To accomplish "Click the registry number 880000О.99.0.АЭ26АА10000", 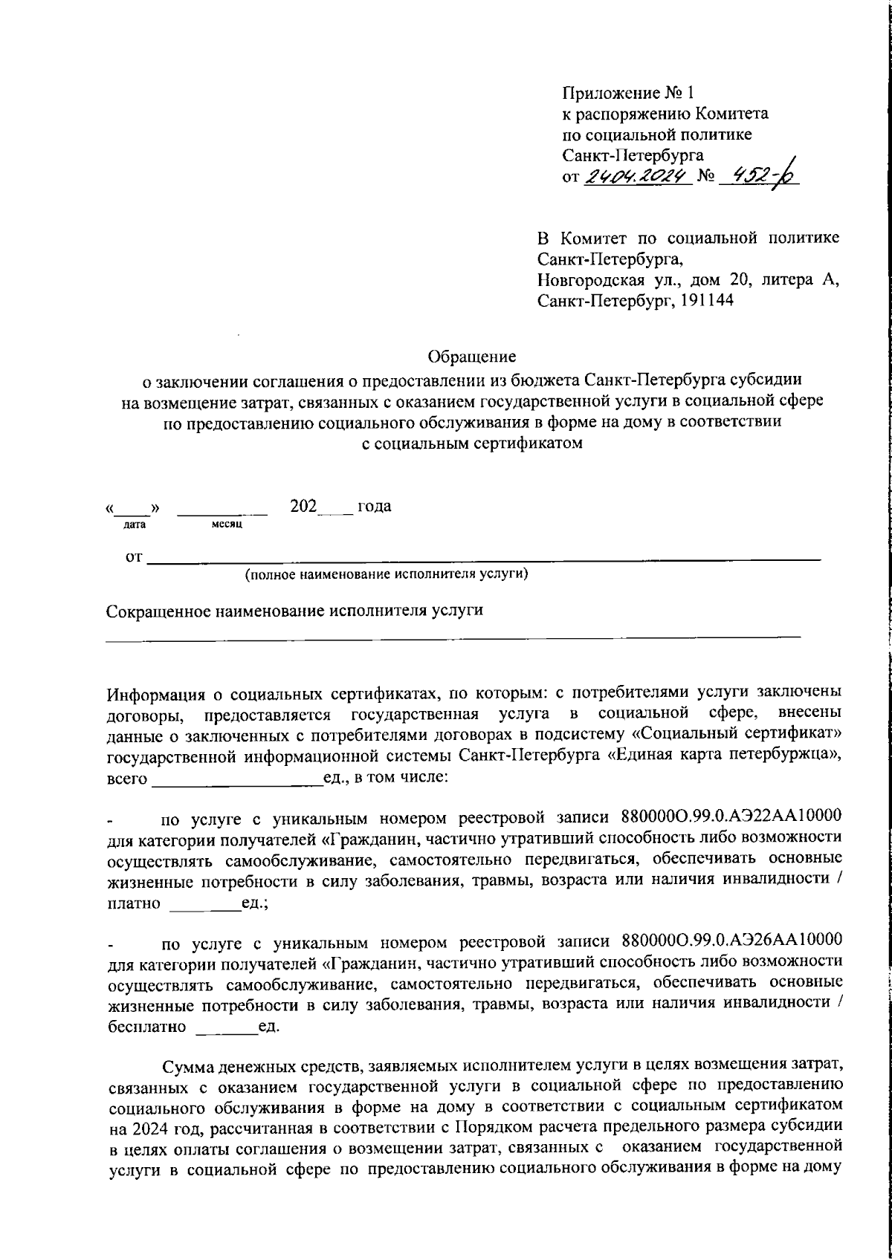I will coord(725,944).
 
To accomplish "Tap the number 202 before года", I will coord(303,507).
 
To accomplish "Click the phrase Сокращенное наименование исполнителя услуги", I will coord(295,611).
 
